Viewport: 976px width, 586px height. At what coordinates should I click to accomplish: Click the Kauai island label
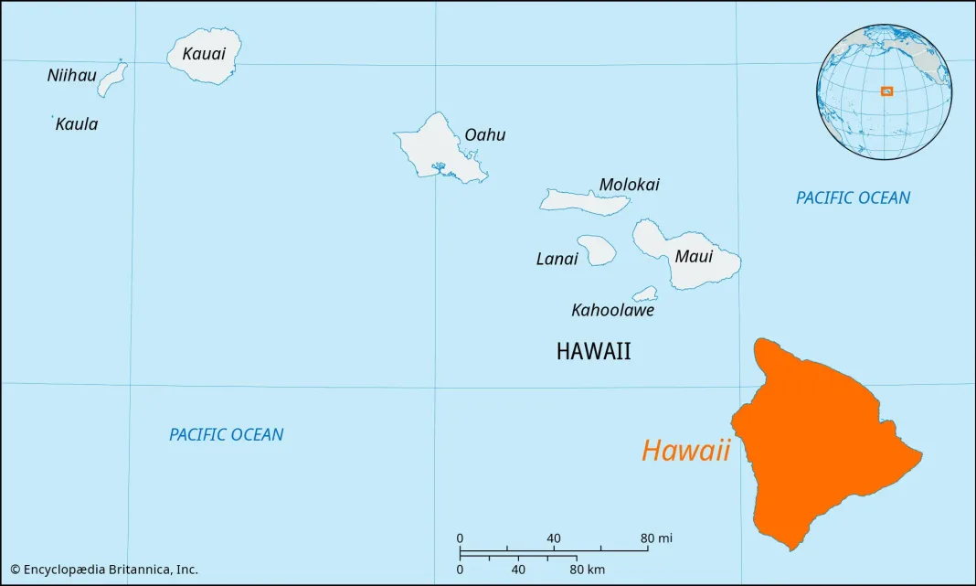[x=204, y=54]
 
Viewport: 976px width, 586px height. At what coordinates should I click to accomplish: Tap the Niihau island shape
[x=111, y=80]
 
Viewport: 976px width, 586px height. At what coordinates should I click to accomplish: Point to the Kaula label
[x=77, y=124]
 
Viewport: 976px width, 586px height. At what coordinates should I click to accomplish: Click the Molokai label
[x=629, y=185]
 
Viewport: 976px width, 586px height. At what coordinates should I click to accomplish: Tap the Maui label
[x=694, y=257]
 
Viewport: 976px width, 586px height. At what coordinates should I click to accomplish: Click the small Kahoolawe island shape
[x=646, y=294]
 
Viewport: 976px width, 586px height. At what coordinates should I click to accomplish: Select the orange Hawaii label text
[x=685, y=451]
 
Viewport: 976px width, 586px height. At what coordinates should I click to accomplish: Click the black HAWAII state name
[x=593, y=352]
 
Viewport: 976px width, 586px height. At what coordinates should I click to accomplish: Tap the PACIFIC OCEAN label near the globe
[x=853, y=197]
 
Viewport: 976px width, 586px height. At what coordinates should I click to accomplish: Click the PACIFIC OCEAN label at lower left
[x=226, y=435]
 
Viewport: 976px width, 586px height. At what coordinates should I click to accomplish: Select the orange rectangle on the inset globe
[x=886, y=91]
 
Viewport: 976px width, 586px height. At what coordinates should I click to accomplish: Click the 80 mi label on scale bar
[x=657, y=538]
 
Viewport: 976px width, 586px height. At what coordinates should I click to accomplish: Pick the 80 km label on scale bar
[x=588, y=570]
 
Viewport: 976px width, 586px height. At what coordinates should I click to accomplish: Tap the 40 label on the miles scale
[x=554, y=538]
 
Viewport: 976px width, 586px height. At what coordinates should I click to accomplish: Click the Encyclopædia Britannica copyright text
[x=103, y=570]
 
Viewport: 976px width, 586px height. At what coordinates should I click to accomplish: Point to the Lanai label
[x=557, y=260]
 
